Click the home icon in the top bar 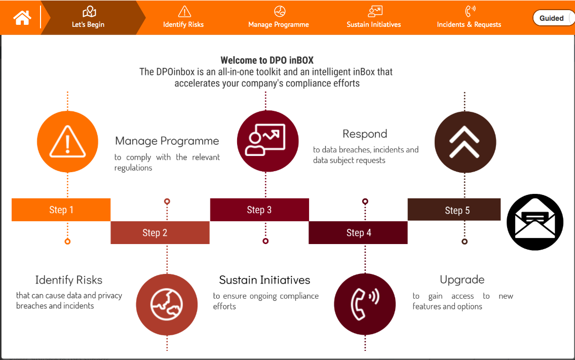click(x=22, y=18)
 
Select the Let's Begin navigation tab click(x=89, y=17)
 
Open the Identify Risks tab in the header click(x=183, y=17)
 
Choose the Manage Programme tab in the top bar click(x=279, y=17)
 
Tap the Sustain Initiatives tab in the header click(x=374, y=17)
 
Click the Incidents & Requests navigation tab click(x=469, y=17)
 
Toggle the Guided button click(x=552, y=18)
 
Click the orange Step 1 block click(x=61, y=210)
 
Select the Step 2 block click(x=160, y=232)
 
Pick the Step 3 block click(x=259, y=210)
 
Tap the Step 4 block click(x=358, y=232)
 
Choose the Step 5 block click(x=454, y=210)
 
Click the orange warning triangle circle click(x=67, y=141)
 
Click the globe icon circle click(x=167, y=304)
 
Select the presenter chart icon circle click(x=267, y=141)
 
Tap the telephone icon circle click(x=364, y=304)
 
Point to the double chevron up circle click(x=465, y=141)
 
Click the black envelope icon click(x=535, y=222)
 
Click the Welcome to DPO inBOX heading click(x=267, y=60)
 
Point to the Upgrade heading click(x=462, y=279)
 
